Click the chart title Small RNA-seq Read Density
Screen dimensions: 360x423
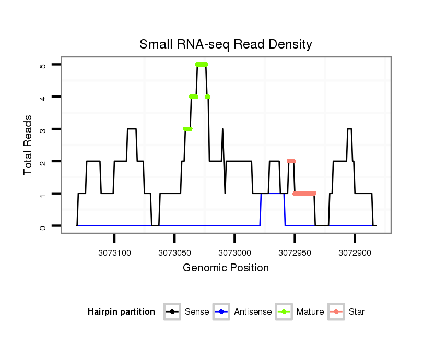point(226,44)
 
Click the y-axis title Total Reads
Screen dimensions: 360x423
point(28,145)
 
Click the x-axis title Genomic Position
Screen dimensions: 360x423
point(226,268)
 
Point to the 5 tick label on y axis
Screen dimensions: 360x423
point(43,65)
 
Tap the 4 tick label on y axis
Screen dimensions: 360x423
point(43,97)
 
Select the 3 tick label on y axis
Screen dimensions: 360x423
point(43,129)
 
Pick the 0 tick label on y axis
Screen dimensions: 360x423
point(43,226)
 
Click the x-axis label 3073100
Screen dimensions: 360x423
point(114,253)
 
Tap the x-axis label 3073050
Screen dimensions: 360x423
point(174,253)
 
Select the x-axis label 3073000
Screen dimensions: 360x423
point(234,253)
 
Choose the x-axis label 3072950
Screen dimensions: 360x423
point(295,253)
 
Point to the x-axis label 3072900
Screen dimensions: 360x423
point(355,253)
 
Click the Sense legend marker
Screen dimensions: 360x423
point(172,312)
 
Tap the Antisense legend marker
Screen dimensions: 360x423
point(221,312)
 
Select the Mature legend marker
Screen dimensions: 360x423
point(284,312)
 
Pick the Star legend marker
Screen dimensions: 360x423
point(336,312)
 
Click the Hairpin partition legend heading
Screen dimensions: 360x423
point(121,312)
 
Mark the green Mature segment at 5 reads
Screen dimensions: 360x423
point(202,64)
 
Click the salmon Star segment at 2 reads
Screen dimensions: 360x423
point(291,161)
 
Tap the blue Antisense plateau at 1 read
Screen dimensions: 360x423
point(273,194)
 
